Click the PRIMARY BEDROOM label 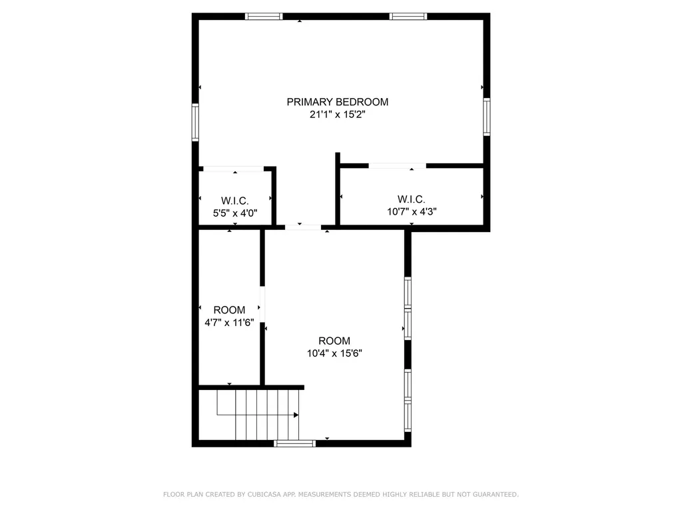pyautogui.click(x=337, y=102)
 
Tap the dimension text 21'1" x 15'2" pyautogui.click(x=337, y=115)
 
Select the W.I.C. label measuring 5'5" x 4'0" pyautogui.click(x=234, y=201)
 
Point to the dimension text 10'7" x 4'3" pyautogui.click(x=412, y=212)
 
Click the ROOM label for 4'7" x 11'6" pyautogui.click(x=229, y=310)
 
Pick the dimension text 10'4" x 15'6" pyautogui.click(x=334, y=353)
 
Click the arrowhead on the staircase pyautogui.click(x=296, y=415)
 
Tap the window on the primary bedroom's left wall pyautogui.click(x=196, y=121)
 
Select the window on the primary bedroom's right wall pyautogui.click(x=487, y=117)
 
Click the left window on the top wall pyautogui.click(x=264, y=17)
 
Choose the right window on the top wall pyautogui.click(x=408, y=17)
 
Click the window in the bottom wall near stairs pyautogui.click(x=294, y=443)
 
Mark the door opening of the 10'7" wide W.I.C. pyautogui.click(x=397, y=165)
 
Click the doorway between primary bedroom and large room pyautogui.click(x=303, y=227)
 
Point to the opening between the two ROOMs pyautogui.click(x=262, y=305)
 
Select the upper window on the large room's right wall pyautogui.click(x=408, y=308)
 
